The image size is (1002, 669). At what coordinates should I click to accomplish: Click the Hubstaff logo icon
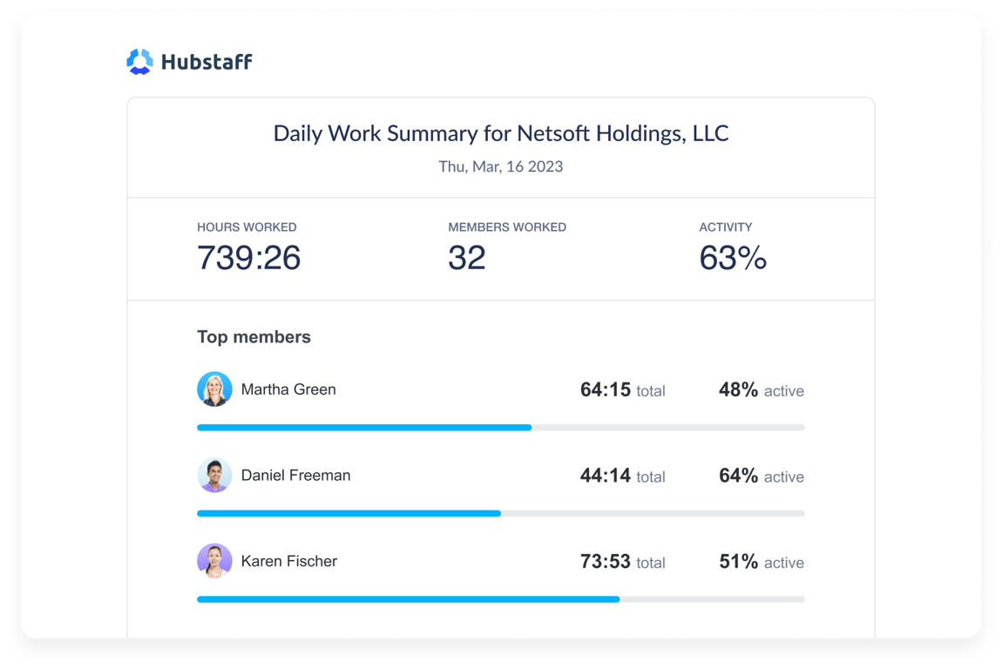pyautogui.click(x=139, y=62)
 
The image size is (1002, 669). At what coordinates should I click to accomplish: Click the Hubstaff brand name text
pyautogui.click(x=206, y=62)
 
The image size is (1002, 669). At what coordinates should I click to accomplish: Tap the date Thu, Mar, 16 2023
pyautogui.click(x=500, y=166)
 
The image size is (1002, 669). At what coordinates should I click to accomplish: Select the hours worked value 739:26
pyautogui.click(x=248, y=258)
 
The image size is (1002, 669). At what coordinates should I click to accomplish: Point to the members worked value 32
pyautogui.click(x=466, y=258)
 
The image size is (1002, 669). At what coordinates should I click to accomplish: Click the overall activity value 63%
pyautogui.click(x=732, y=258)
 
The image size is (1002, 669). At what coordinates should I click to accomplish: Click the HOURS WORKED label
pyautogui.click(x=247, y=227)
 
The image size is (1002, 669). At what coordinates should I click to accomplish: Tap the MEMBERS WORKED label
pyautogui.click(x=506, y=227)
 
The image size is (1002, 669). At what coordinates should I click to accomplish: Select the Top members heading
pyautogui.click(x=254, y=337)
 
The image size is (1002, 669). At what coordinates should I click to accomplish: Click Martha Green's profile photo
pyautogui.click(x=214, y=389)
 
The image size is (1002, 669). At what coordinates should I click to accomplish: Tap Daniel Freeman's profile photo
pyautogui.click(x=214, y=476)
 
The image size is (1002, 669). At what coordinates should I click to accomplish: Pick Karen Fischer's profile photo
pyautogui.click(x=214, y=561)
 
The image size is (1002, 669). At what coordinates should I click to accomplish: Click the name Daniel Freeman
pyautogui.click(x=295, y=476)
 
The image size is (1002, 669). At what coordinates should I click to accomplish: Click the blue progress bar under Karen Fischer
pyautogui.click(x=408, y=599)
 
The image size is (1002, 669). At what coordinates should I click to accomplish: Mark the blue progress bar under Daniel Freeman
pyautogui.click(x=349, y=514)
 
